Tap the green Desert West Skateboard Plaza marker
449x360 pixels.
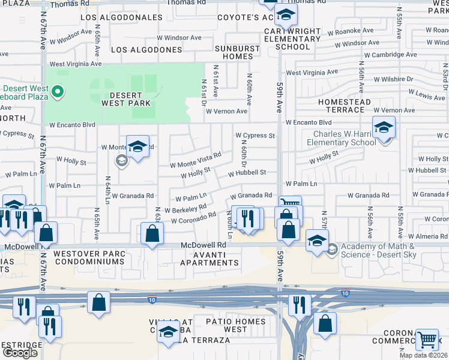tap(58, 92)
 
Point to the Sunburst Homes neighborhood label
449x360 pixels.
tap(238, 52)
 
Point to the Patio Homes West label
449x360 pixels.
tap(235, 326)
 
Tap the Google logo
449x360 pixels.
tap(20, 353)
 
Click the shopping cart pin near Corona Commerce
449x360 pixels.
tap(427, 340)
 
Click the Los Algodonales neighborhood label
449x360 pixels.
tap(121, 17)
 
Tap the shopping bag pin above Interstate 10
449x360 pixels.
tap(98, 302)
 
